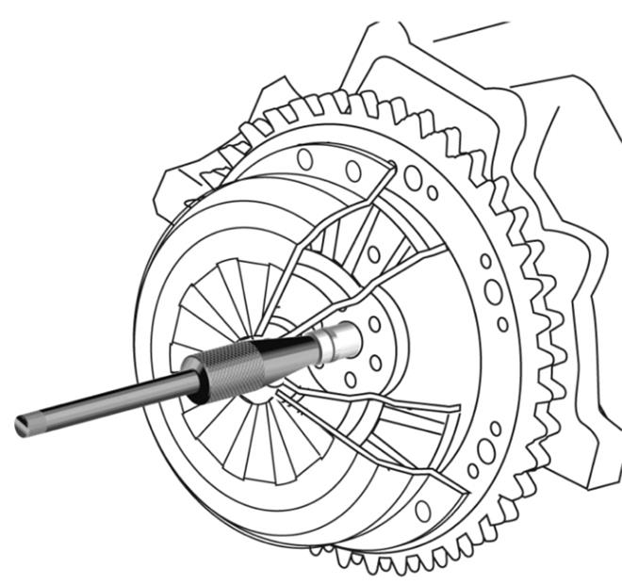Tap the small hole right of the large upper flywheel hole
(432, 192)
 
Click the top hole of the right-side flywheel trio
(485, 261)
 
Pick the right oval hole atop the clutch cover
(353, 171)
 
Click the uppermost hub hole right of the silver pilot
(375, 323)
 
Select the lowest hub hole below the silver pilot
(351, 380)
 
